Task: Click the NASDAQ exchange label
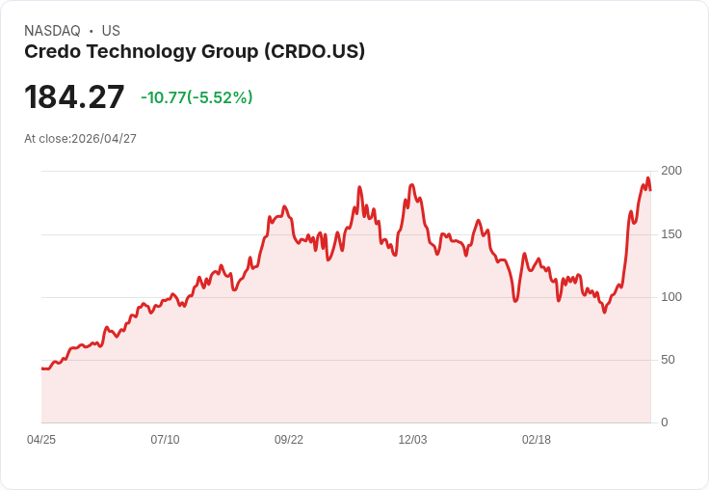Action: [x=52, y=31]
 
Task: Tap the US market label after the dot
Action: [x=111, y=31]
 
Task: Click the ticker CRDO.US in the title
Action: [x=314, y=52]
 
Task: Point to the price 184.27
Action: [x=74, y=97]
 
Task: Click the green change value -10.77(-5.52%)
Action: [x=197, y=97]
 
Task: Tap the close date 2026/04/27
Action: [x=104, y=139]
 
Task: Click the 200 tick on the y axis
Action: [x=670, y=171]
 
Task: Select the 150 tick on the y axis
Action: [x=670, y=233]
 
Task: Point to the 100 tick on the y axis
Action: [x=670, y=296]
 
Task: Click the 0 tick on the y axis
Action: [x=664, y=422]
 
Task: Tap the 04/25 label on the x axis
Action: [x=41, y=440]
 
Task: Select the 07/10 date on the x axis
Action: [x=165, y=440]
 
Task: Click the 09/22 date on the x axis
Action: [x=289, y=440]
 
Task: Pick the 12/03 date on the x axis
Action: [x=412, y=440]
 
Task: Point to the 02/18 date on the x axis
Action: [x=537, y=440]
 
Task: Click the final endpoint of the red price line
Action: [x=650, y=189]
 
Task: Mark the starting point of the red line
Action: [x=42, y=368]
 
